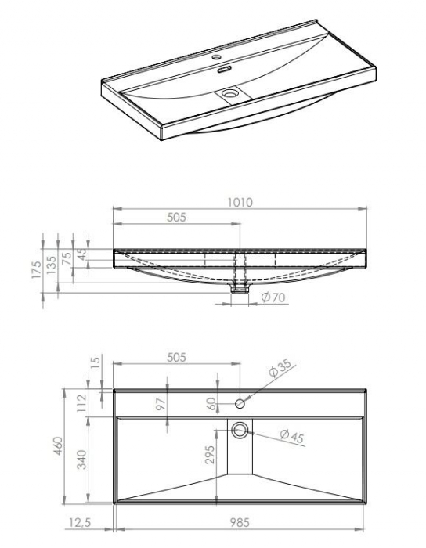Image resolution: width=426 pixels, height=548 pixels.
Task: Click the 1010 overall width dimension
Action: [240, 203]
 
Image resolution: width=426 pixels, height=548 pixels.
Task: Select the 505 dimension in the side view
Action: [176, 218]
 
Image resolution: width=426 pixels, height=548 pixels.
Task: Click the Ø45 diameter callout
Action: [290, 436]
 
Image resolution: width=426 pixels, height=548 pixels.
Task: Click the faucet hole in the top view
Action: [240, 402]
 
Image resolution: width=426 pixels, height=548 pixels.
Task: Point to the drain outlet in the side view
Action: [240, 288]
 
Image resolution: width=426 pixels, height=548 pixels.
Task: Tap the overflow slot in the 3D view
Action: [224, 70]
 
